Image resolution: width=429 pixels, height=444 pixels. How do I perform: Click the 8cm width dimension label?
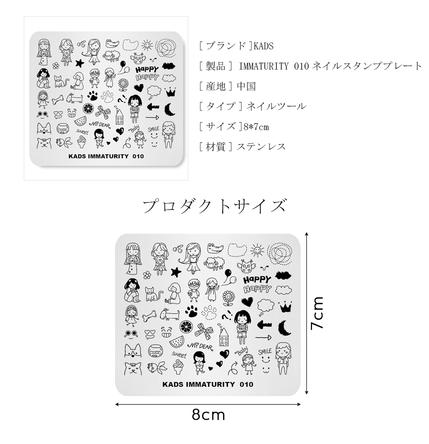(x=208, y=415)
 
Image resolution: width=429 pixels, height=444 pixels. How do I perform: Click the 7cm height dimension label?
(x=317, y=313)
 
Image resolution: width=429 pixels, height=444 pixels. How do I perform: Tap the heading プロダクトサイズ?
(x=215, y=206)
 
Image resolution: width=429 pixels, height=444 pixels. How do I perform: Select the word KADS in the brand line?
(x=263, y=46)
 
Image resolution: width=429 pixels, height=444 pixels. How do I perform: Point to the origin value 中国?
(x=246, y=86)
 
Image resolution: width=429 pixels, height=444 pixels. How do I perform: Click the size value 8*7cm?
(x=256, y=127)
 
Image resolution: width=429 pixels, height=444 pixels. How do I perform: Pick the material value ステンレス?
(x=261, y=147)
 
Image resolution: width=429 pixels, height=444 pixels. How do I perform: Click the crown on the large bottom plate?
(x=284, y=306)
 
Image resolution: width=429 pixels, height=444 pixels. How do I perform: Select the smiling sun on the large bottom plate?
(x=257, y=250)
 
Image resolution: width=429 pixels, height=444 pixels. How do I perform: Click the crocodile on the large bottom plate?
(x=216, y=248)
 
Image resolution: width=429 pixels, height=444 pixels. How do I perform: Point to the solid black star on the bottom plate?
(x=176, y=272)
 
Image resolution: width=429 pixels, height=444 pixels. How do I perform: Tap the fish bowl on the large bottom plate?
(x=155, y=351)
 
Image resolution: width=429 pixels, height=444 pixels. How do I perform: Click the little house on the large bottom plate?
(x=224, y=337)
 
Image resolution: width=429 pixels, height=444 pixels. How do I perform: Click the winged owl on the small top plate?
(x=138, y=59)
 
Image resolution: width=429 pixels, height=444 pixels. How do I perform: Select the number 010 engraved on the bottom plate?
(x=246, y=384)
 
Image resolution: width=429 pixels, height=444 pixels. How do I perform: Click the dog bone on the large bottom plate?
(x=149, y=315)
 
